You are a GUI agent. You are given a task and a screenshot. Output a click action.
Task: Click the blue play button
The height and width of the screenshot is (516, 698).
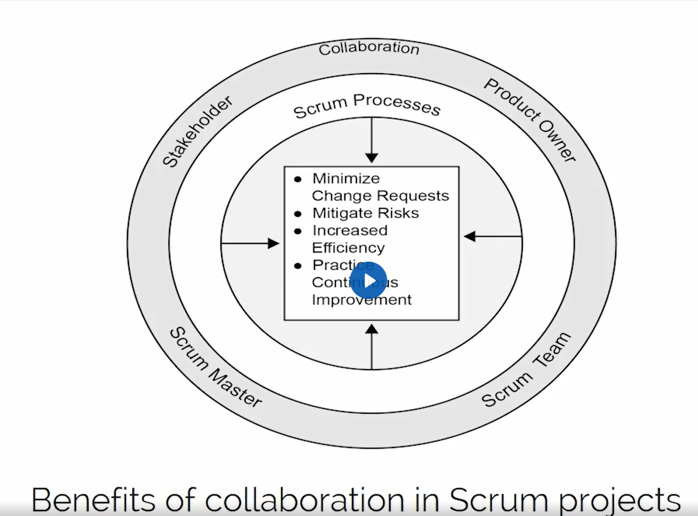[368, 281]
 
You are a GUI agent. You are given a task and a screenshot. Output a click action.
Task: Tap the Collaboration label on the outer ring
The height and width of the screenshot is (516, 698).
[369, 48]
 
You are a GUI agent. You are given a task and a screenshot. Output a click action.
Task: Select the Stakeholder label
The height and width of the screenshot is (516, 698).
[197, 132]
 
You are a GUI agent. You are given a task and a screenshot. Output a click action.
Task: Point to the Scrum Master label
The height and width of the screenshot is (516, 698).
[215, 368]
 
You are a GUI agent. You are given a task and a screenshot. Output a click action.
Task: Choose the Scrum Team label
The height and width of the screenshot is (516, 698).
[526, 370]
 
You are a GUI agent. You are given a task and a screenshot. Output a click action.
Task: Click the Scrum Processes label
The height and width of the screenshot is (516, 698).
[367, 105]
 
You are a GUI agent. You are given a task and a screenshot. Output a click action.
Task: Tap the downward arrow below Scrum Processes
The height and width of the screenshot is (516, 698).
[372, 140]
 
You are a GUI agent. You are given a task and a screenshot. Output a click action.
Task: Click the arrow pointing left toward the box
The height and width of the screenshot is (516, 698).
[492, 237]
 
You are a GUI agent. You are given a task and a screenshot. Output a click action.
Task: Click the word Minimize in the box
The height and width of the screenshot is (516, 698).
[346, 179]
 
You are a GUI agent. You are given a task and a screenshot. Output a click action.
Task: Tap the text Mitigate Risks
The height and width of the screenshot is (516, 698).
[365, 213]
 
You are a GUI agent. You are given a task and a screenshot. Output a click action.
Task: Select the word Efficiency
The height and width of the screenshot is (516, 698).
[348, 248]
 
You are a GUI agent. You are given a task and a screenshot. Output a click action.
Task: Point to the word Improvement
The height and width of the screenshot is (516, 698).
[362, 300]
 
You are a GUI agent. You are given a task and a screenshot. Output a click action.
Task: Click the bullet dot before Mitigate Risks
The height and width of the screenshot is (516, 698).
[298, 214]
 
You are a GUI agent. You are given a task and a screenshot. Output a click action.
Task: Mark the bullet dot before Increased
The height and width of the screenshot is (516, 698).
[298, 231]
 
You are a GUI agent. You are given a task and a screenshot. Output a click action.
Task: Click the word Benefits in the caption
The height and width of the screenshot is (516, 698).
[93, 500]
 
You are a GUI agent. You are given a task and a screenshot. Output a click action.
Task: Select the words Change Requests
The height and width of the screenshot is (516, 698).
[380, 196]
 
